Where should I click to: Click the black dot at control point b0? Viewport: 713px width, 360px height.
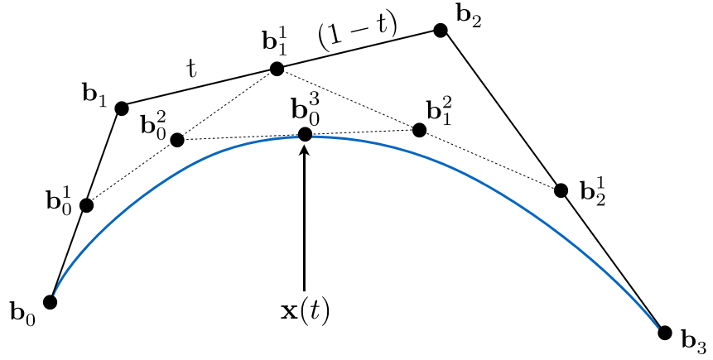click(50, 302)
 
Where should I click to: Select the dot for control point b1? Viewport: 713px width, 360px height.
click(122, 108)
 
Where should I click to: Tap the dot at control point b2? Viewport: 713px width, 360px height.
click(441, 31)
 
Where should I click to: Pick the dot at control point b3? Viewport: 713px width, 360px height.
click(665, 333)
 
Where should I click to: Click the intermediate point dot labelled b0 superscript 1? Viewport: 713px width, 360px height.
click(86, 205)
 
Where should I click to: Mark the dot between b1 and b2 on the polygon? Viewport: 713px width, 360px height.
click(277, 69)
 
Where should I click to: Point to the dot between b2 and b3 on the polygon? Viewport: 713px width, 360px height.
click(561, 190)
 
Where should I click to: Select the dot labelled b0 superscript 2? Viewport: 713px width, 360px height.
click(177, 140)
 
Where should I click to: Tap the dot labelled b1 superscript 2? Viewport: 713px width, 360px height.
click(419, 131)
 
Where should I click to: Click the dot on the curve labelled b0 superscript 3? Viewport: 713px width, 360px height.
click(305, 134)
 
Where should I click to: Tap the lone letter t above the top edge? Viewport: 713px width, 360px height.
click(192, 70)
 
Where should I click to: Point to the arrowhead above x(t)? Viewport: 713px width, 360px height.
click(305, 149)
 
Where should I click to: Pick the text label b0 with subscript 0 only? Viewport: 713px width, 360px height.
click(22, 312)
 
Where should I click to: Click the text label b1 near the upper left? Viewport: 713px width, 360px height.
click(94, 97)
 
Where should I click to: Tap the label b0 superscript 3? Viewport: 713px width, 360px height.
click(306, 112)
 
